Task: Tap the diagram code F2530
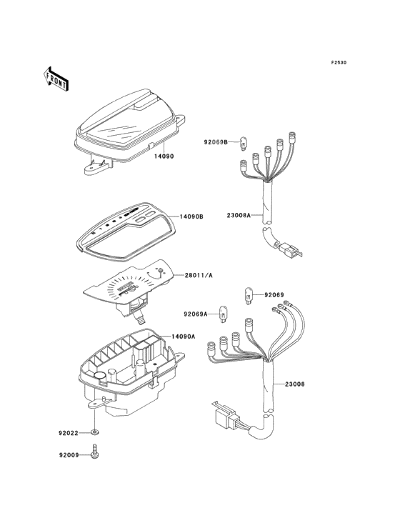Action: pyautogui.click(x=339, y=62)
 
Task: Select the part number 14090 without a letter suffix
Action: pyautogui.click(x=164, y=156)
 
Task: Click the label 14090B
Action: pyautogui.click(x=191, y=216)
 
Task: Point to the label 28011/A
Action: pyautogui.click(x=199, y=275)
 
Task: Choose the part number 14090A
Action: pyautogui.click(x=184, y=337)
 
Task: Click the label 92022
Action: pyautogui.click(x=69, y=433)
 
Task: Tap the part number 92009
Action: pyautogui.click(x=69, y=454)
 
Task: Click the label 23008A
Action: pyautogui.click(x=239, y=215)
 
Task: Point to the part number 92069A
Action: pyautogui.click(x=196, y=314)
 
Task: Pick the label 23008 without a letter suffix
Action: pyautogui.click(x=295, y=384)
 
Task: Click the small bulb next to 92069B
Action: pyautogui.click(x=243, y=144)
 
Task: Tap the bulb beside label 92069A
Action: pyautogui.click(x=222, y=314)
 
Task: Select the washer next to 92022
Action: pyautogui.click(x=95, y=432)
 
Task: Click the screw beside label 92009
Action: pyautogui.click(x=95, y=452)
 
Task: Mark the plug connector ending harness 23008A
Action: pyautogui.click(x=288, y=249)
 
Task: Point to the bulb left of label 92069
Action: pyautogui.click(x=249, y=296)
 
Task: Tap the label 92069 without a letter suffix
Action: pyautogui.click(x=274, y=295)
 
